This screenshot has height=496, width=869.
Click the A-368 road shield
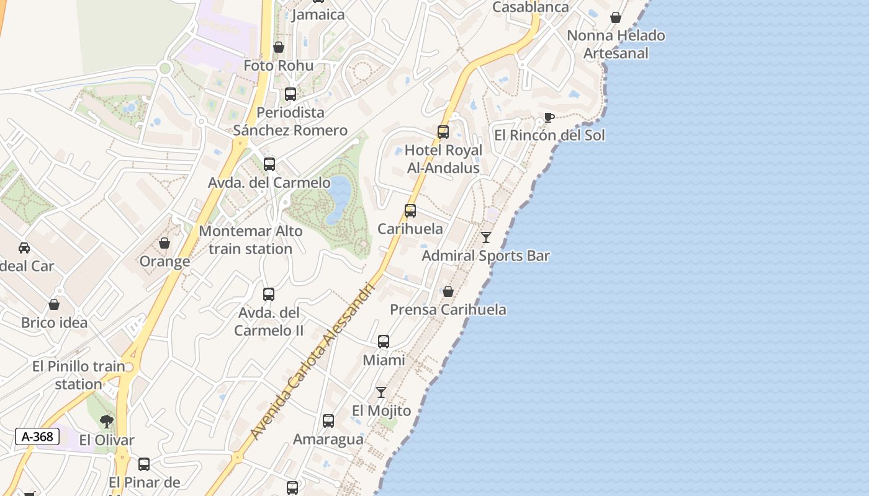[x=37, y=436]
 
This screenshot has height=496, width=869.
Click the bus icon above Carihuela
[x=410, y=211]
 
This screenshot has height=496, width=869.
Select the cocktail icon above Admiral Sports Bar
[x=486, y=237]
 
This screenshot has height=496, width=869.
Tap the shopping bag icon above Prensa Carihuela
[x=448, y=291]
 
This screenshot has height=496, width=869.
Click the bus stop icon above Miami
[x=384, y=342]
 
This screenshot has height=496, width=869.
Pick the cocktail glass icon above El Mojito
[x=381, y=392]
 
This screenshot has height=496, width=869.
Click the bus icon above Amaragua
[x=328, y=421]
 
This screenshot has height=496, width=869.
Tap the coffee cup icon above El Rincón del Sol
[x=549, y=117]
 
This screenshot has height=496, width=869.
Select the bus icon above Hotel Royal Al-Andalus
[x=443, y=132]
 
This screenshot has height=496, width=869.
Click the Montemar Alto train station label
[x=251, y=240]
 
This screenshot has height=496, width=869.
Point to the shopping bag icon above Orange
[x=164, y=243]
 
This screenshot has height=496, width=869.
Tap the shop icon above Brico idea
[x=54, y=304]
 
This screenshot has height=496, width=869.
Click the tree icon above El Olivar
[x=107, y=422]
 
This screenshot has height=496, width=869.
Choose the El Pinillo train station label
[x=79, y=375]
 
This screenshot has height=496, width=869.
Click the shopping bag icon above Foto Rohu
[x=279, y=47]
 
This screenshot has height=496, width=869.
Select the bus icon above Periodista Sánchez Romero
[x=290, y=94]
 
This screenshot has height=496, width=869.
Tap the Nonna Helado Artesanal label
[x=616, y=44]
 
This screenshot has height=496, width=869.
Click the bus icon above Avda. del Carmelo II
[x=269, y=294]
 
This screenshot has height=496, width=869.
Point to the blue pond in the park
[x=339, y=197]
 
